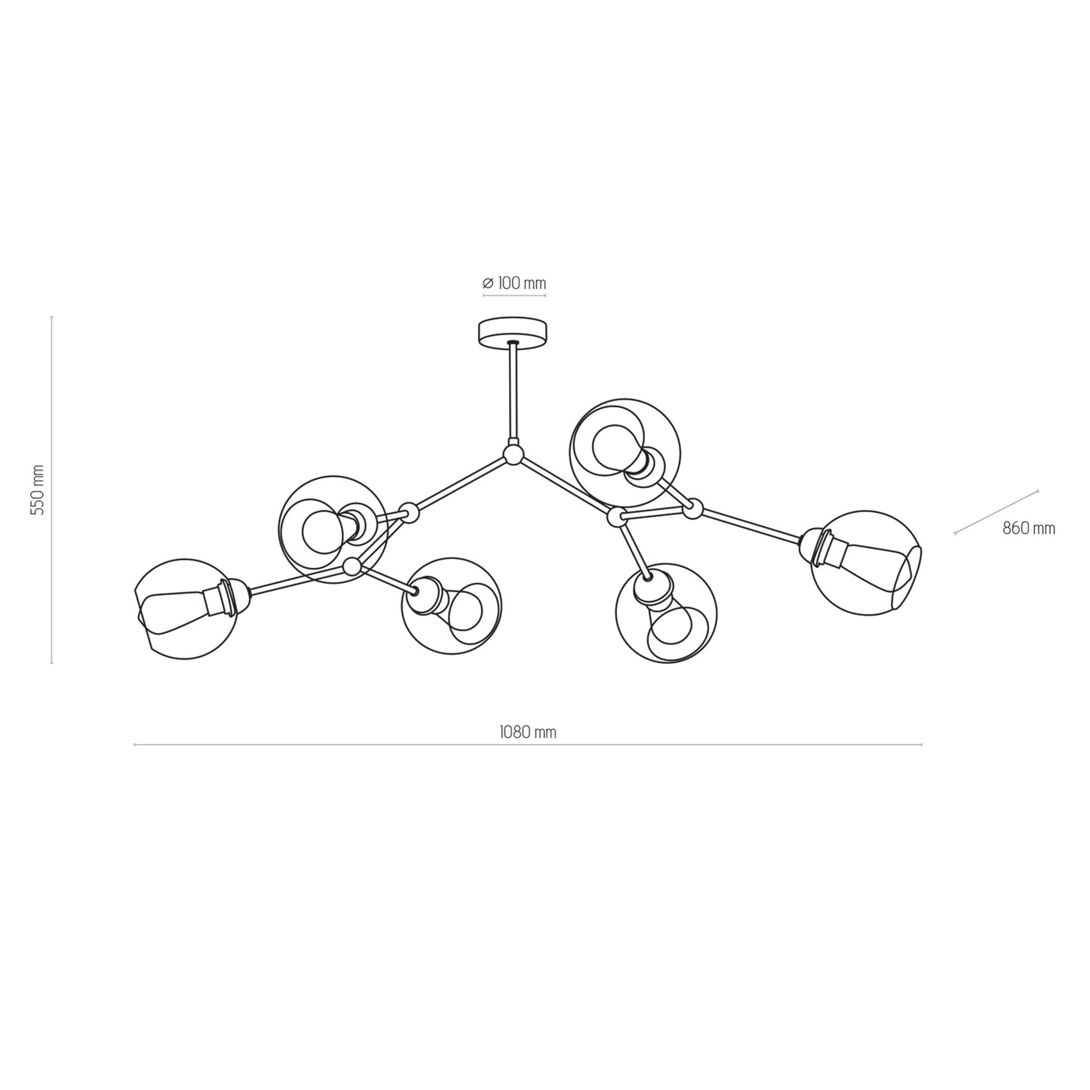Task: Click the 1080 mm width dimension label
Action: (528, 732)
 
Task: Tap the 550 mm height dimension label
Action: (37, 490)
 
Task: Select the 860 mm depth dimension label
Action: (1028, 529)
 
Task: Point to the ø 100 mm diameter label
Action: (514, 284)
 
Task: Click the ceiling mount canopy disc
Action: (514, 332)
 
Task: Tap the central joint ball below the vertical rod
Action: (514, 454)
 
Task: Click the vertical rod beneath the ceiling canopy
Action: (514, 392)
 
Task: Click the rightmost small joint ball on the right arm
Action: (692, 510)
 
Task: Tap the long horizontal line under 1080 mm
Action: (528, 745)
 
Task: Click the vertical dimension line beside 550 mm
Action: (51, 490)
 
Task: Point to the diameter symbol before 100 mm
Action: (487, 284)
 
